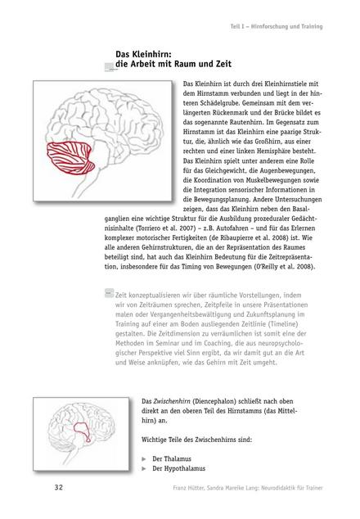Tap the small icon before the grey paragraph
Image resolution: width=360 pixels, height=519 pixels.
tap(109, 291)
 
